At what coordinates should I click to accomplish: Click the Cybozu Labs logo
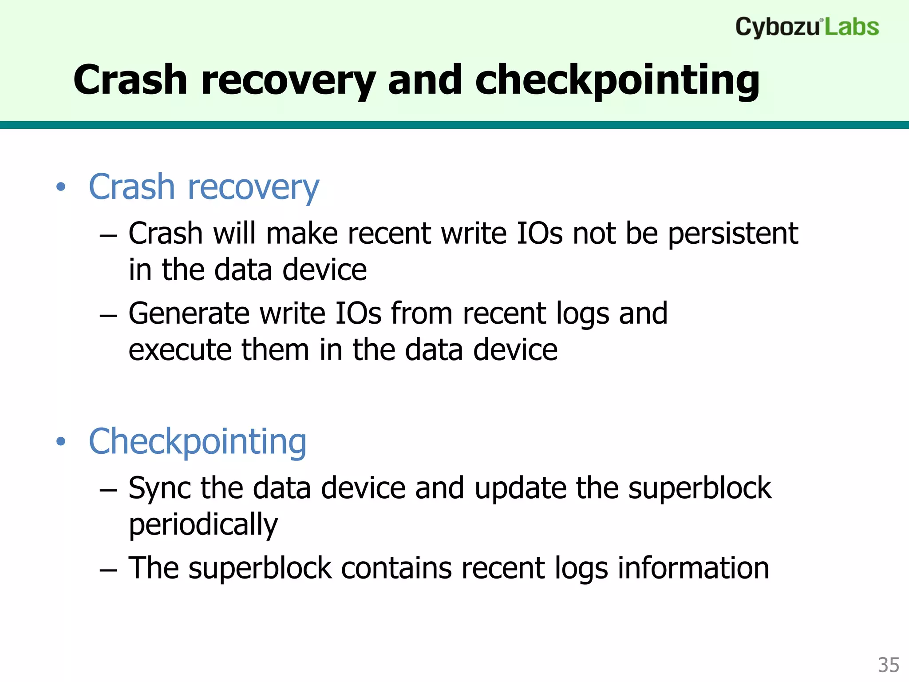pyautogui.click(x=806, y=27)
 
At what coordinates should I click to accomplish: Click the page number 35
pyautogui.click(x=888, y=665)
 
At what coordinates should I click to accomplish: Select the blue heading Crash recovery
pyautogui.click(x=204, y=187)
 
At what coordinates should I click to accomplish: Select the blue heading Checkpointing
pyautogui.click(x=198, y=441)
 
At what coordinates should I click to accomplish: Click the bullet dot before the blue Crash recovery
pyautogui.click(x=61, y=187)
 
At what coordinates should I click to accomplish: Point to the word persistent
pyautogui.click(x=733, y=234)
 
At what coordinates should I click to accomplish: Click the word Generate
pyautogui.click(x=189, y=313)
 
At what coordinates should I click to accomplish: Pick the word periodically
pyautogui.click(x=203, y=525)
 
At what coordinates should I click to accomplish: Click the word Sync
pyautogui.click(x=160, y=488)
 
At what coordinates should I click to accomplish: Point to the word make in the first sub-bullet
pyautogui.click(x=301, y=234)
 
